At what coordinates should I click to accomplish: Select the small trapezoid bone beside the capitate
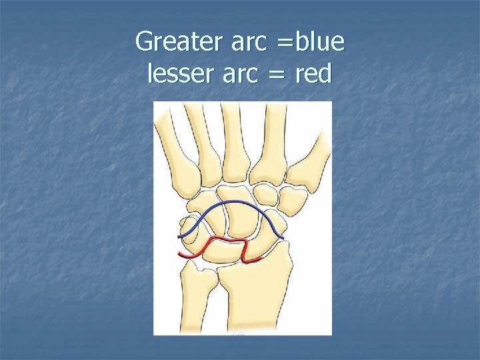267,194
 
